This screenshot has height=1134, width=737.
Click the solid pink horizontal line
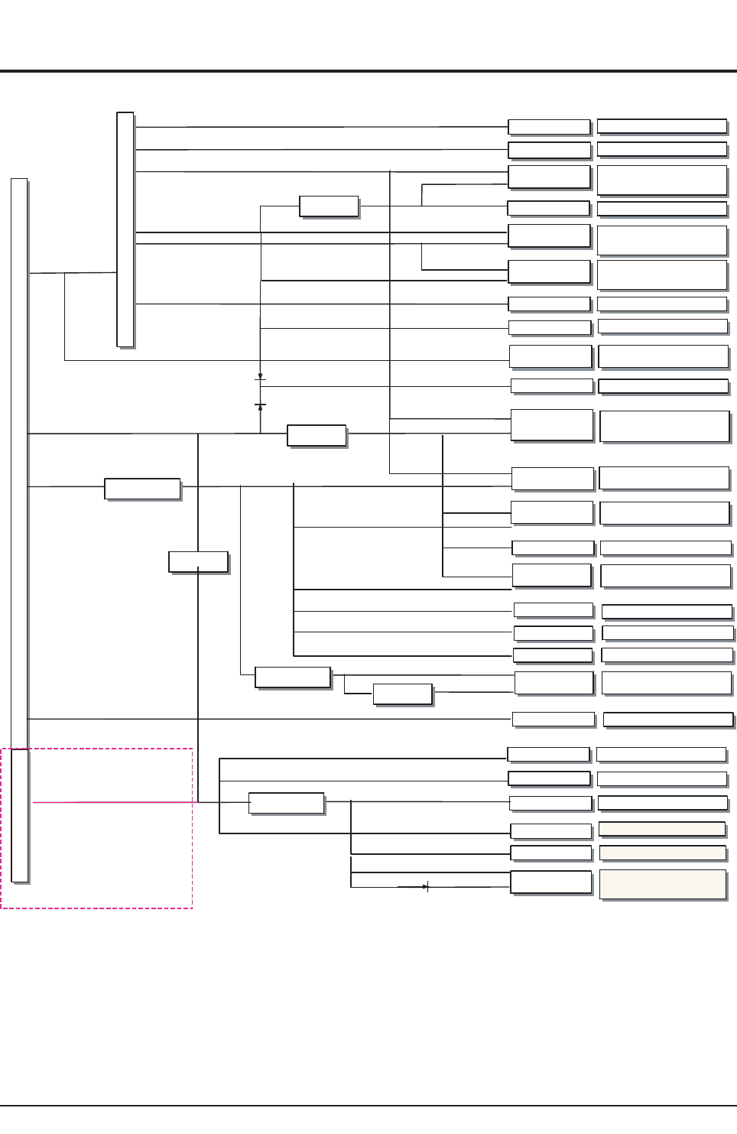tap(115, 802)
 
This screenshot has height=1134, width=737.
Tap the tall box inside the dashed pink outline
tap(20, 815)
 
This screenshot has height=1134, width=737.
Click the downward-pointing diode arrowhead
tap(260, 376)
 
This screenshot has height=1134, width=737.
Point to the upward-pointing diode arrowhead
tap(261, 408)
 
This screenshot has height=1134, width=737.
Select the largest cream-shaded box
tap(663, 884)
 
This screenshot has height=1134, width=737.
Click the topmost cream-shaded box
tap(662, 829)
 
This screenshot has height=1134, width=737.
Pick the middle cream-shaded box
tap(663, 853)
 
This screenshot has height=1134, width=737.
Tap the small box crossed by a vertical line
tap(198, 561)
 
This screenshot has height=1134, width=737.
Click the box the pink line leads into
tap(287, 803)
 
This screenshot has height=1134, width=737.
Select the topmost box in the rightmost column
tap(661, 126)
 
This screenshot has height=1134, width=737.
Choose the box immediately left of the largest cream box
tap(551, 882)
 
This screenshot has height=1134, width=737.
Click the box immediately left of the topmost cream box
tap(551, 830)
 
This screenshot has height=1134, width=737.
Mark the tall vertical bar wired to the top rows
tap(125, 229)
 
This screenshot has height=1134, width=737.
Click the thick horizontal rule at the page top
tap(368, 71)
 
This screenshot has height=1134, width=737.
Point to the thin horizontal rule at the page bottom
tap(368, 1106)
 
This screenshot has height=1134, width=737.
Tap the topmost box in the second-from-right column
tap(549, 127)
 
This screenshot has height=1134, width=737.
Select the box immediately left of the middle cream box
tap(551, 853)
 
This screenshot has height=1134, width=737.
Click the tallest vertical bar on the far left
tap(19, 459)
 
